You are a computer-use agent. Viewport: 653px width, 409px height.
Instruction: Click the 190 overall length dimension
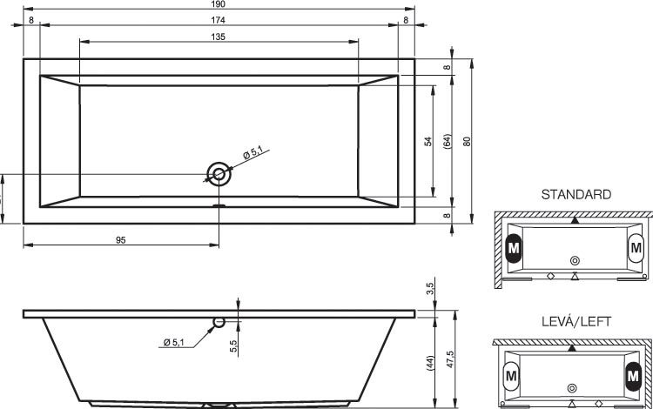coord(219,4)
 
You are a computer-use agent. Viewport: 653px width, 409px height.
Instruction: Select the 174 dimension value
coord(219,20)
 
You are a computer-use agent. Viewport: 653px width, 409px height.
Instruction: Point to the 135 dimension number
coord(219,37)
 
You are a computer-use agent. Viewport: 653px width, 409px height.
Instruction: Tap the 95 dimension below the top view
coord(121,240)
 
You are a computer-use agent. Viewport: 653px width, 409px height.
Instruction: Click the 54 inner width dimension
coord(428,142)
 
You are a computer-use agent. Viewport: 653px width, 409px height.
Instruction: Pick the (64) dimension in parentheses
coord(448,142)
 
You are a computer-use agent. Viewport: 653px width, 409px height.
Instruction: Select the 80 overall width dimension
coord(467,142)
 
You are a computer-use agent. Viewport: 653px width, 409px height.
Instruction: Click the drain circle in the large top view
coord(219,174)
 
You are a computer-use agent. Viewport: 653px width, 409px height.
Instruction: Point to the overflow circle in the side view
coord(219,322)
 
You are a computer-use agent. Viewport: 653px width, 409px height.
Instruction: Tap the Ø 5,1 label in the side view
coord(173,342)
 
